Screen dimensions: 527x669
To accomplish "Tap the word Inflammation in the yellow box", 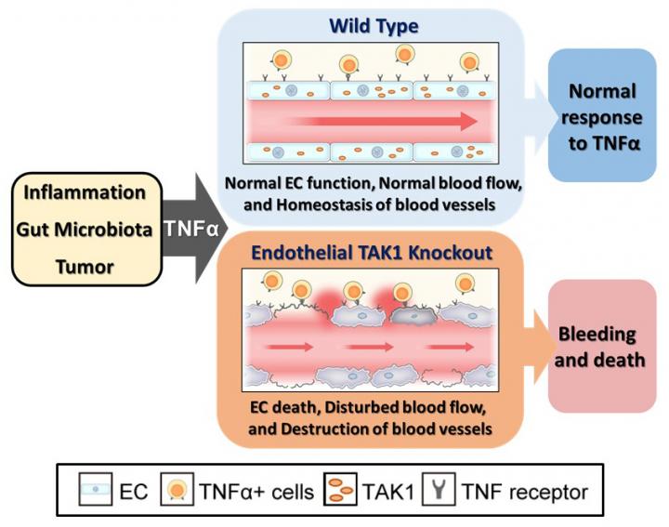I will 85,193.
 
